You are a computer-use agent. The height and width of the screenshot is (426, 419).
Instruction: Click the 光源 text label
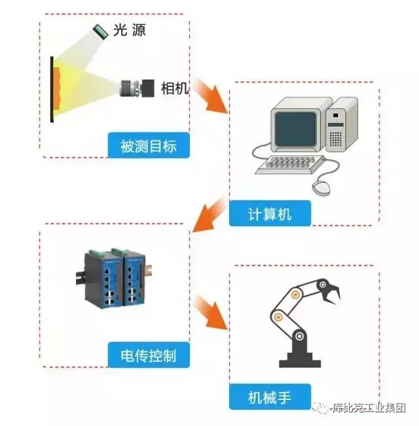(x=130, y=30)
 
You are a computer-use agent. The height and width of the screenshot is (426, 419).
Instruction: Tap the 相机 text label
(x=175, y=88)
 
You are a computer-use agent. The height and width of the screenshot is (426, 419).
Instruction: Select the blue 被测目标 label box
(x=149, y=145)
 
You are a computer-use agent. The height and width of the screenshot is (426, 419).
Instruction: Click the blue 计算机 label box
(x=270, y=214)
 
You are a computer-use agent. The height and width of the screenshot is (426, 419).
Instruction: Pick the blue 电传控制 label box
(x=149, y=355)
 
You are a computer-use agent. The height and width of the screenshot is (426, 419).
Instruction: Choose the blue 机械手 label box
(x=270, y=397)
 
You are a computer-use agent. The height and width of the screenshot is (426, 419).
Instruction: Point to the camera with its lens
(x=137, y=88)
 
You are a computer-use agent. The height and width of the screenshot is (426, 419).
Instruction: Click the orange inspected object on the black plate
(x=56, y=89)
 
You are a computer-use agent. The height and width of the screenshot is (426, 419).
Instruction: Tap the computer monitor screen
(x=295, y=129)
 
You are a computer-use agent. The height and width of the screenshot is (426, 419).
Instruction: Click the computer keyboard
(x=289, y=165)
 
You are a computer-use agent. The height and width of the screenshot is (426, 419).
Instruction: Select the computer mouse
(x=321, y=188)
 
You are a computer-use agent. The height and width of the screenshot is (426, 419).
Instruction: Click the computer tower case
(x=342, y=124)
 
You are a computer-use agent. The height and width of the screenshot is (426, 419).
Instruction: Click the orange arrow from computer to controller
(x=209, y=214)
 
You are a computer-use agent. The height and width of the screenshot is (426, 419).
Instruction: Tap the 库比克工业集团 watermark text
(x=369, y=408)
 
